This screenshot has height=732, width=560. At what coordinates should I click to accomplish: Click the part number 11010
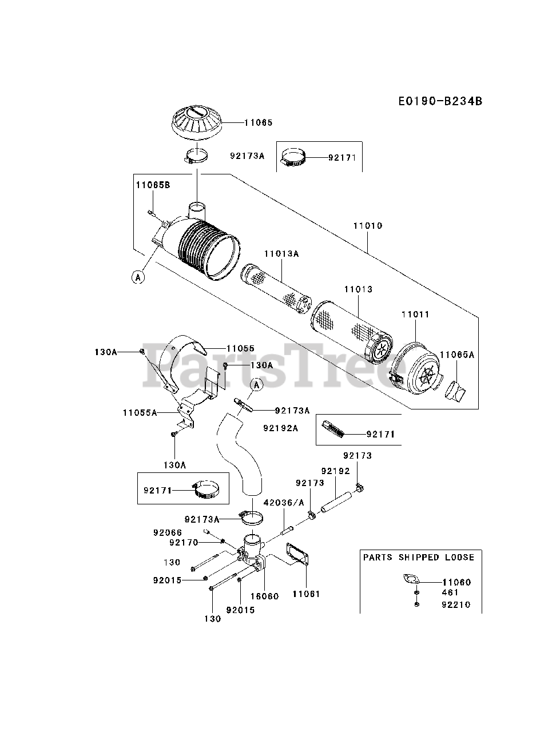tap(367, 226)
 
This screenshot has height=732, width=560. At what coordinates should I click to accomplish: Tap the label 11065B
tap(153, 185)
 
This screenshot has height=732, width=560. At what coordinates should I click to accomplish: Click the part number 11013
tap(358, 289)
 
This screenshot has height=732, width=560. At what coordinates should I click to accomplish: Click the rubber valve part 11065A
tap(455, 391)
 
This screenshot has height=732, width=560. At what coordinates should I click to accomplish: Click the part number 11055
tap(240, 348)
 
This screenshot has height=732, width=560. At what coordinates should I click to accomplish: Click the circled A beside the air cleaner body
tap(137, 277)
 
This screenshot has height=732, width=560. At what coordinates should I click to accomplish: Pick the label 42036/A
tap(284, 503)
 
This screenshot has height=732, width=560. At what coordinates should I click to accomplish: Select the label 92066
tap(167, 532)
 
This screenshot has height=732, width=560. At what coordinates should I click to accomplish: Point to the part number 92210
tap(455, 605)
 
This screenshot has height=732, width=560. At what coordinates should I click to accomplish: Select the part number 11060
tap(456, 582)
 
